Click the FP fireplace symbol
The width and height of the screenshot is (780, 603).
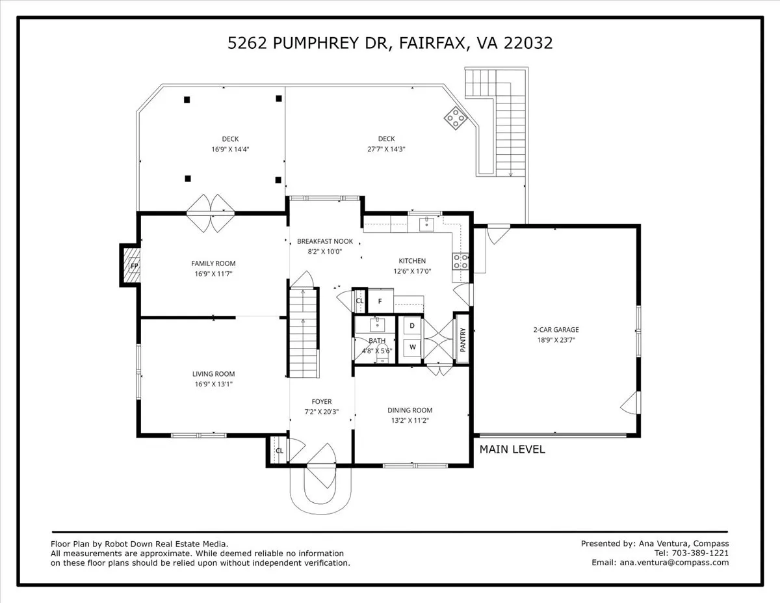coord(134,265)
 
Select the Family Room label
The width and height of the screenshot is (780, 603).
coord(213,263)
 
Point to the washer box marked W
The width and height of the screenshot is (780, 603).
coord(412,347)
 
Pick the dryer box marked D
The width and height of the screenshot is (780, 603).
coord(412,325)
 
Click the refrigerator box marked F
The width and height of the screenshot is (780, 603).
coord(381,301)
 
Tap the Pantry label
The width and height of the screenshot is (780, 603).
coord(463,339)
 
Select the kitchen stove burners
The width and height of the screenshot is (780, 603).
coord(461,261)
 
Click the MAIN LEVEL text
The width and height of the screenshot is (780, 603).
coord(512,449)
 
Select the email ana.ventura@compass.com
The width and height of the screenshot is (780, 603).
coord(674,563)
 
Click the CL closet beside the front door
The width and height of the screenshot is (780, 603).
coord(279,451)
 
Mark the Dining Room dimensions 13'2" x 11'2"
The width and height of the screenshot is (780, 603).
coord(409,420)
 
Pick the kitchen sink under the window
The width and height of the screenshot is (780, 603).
coord(427,224)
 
